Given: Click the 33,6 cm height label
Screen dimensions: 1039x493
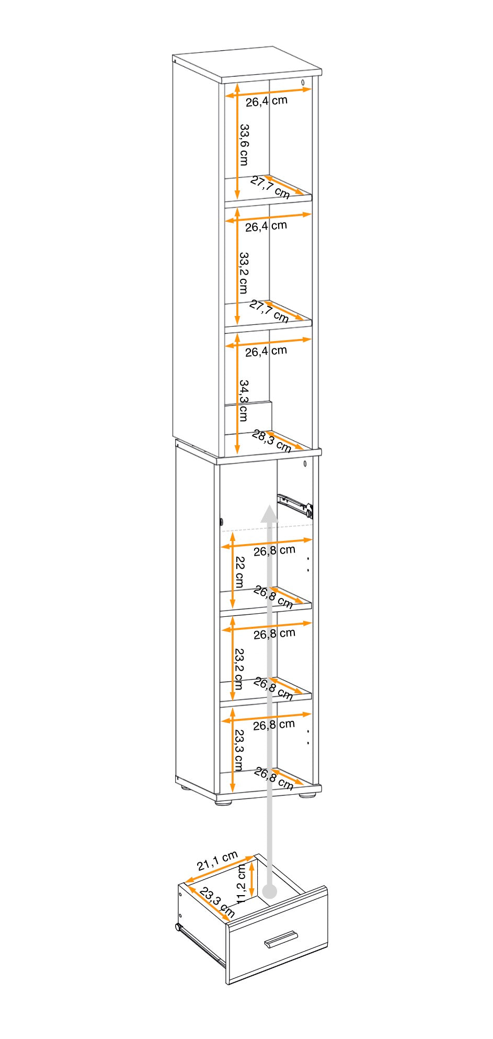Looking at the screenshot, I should [x=244, y=144].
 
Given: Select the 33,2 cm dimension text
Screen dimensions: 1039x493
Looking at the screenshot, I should [x=244, y=273].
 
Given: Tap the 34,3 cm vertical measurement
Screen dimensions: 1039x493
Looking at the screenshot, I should [x=244, y=400].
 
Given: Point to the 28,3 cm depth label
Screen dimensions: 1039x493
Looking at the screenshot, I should [x=271, y=441].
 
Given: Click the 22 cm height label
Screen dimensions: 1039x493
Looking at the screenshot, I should [x=239, y=572].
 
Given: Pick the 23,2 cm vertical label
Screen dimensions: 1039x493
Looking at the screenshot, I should [x=239, y=669].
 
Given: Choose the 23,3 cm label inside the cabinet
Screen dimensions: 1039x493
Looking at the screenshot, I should [x=239, y=750].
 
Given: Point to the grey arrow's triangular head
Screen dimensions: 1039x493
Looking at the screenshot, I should [x=269, y=514].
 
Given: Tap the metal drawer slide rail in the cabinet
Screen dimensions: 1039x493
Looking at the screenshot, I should [x=295, y=503].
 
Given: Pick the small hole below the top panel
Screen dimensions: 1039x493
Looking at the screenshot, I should [x=303, y=82].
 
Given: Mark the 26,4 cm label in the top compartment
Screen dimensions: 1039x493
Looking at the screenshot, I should [x=267, y=100].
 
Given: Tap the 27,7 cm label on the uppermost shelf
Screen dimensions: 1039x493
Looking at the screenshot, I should [x=270, y=187].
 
